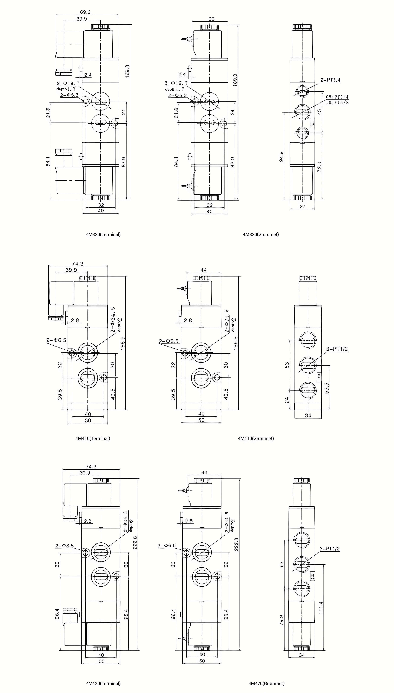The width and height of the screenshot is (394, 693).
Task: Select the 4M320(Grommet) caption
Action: click(x=261, y=234)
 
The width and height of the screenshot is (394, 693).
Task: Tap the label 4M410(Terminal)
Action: click(x=93, y=438)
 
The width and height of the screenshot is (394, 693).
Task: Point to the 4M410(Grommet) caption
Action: click(x=256, y=438)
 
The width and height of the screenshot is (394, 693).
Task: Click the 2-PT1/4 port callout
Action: click(x=330, y=80)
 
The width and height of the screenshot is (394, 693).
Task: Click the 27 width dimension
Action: click(x=303, y=206)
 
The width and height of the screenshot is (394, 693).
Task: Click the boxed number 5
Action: click(x=313, y=124)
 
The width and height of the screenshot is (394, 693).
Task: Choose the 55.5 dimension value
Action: click(x=327, y=388)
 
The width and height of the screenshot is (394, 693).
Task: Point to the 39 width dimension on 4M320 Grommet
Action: click(x=212, y=19)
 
